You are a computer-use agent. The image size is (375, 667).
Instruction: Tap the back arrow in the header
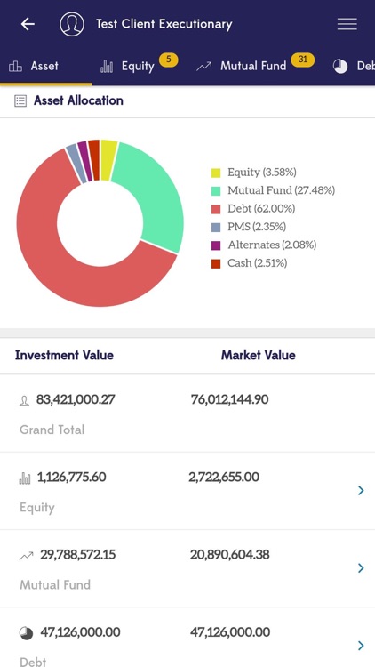point(28,24)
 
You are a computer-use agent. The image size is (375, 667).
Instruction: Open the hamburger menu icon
point(347,24)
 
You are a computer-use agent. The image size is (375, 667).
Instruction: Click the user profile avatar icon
point(72,24)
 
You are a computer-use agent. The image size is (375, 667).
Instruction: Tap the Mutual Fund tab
point(252,66)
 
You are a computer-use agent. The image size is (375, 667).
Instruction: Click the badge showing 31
point(302,60)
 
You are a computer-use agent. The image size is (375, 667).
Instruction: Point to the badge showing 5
point(169,60)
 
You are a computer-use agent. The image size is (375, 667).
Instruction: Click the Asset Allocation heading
point(78,100)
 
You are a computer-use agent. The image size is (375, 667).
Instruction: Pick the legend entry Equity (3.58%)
point(261,172)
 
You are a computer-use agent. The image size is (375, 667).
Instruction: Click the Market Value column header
point(258,355)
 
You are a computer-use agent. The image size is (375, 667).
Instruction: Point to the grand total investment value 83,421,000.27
point(76,399)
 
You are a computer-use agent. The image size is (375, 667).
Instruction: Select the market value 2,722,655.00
point(224,477)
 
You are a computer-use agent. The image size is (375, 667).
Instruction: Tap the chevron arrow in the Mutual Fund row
point(361,567)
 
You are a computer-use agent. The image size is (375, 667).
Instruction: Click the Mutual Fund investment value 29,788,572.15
point(77,554)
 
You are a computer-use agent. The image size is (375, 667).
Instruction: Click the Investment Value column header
point(64,355)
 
